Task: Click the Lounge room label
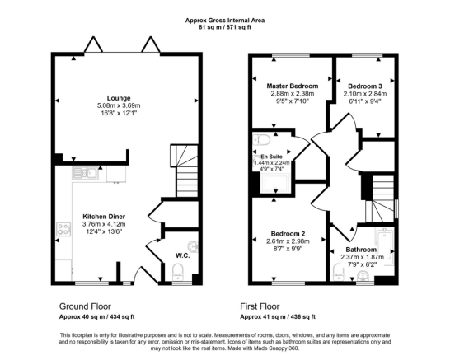click(119, 98)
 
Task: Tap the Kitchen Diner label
click(104, 217)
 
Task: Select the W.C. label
click(182, 255)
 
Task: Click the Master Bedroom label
click(293, 86)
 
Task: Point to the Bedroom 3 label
click(365, 86)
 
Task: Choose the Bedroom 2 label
click(288, 234)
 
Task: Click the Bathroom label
click(361, 250)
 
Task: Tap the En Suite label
click(271, 157)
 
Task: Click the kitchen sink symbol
click(85, 173)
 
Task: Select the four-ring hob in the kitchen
click(63, 229)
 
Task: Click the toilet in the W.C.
click(178, 272)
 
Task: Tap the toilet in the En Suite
click(262, 140)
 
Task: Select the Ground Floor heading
click(85, 306)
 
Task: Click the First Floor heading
click(260, 306)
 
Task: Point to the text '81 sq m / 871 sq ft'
click(225, 27)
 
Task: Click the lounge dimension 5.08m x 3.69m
click(119, 105)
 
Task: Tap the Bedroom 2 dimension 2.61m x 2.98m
click(288, 241)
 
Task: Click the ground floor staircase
click(185, 171)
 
